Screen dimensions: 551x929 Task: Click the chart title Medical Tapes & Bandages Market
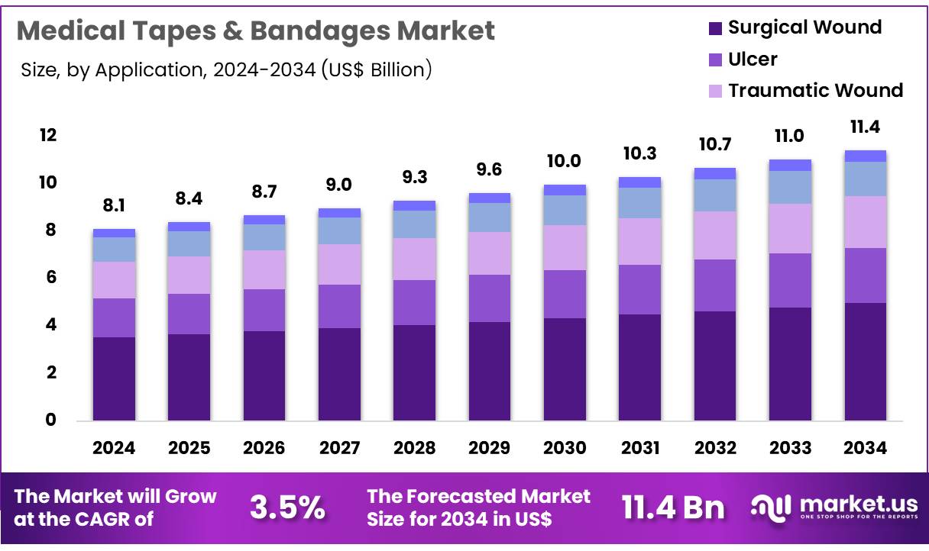pos(255,31)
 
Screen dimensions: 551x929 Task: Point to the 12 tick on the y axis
pos(48,136)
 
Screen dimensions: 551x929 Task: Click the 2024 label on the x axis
pos(114,449)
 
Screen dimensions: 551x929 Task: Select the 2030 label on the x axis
pos(565,449)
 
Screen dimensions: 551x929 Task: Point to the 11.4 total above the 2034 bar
pos(866,127)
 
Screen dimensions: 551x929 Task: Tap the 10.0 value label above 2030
pos(565,162)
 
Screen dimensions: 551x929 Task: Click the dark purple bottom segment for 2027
pos(339,374)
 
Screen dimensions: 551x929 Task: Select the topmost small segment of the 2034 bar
pos(866,156)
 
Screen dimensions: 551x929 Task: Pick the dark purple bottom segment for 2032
pos(715,366)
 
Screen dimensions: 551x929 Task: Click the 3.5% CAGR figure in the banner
pos(287,507)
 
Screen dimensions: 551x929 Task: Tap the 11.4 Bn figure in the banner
pos(672,507)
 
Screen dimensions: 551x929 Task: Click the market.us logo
pos(833,507)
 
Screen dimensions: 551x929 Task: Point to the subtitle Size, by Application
pos(228,70)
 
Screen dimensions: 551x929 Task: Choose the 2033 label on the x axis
pos(790,449)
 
